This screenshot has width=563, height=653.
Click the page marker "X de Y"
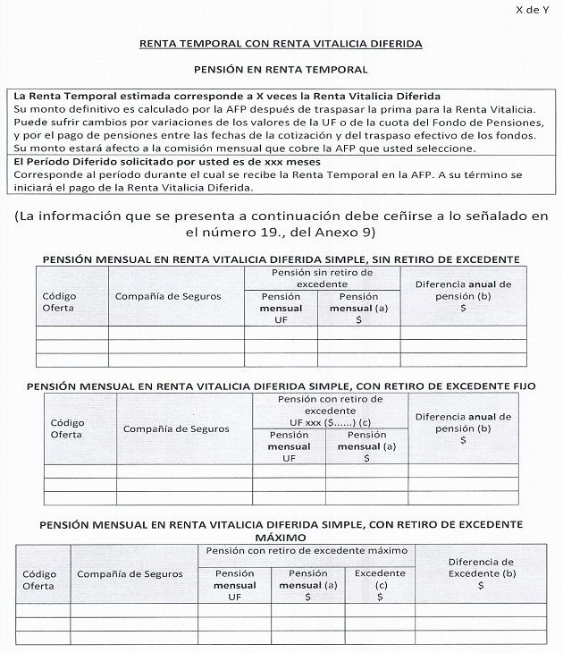click(x=534, y=10)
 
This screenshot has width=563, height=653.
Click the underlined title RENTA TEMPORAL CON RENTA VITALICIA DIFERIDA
click(x=281, y=43)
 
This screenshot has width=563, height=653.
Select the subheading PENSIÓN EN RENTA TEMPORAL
click(x=281, y=69)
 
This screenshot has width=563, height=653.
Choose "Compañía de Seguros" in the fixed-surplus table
click(x=176, y=429)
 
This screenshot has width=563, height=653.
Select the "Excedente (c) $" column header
click(x=380, y=584)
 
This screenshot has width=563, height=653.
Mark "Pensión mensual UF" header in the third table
click(x=234, y=584)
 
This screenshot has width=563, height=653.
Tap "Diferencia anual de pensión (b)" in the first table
click(x=463, y=295)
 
